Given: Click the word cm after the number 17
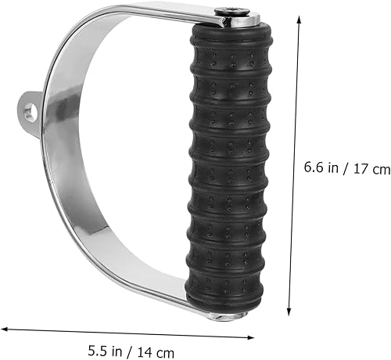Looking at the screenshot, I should click(380, 167).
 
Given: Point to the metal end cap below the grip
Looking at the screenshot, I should click(228, 315).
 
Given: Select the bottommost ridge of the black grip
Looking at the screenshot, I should click(227, 293).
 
